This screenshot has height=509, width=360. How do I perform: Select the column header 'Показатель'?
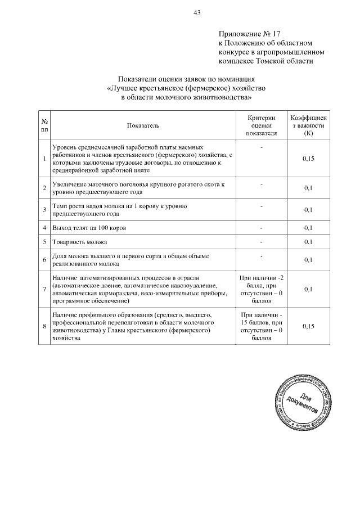[143, 125]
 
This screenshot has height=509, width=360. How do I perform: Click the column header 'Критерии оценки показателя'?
[262, 125]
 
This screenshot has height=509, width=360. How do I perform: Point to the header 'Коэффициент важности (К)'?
[308, 125]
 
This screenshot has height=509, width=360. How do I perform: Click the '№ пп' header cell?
[44, 125]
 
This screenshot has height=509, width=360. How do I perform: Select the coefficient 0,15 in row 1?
[308, 159]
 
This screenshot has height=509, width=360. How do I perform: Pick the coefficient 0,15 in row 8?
[308, 326]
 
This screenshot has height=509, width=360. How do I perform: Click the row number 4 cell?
[44, 228]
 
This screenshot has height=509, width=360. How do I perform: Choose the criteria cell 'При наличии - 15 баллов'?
[262, 326]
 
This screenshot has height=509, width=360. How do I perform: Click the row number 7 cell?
[44, 290]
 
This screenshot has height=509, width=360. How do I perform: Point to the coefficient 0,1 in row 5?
[308, 242]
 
